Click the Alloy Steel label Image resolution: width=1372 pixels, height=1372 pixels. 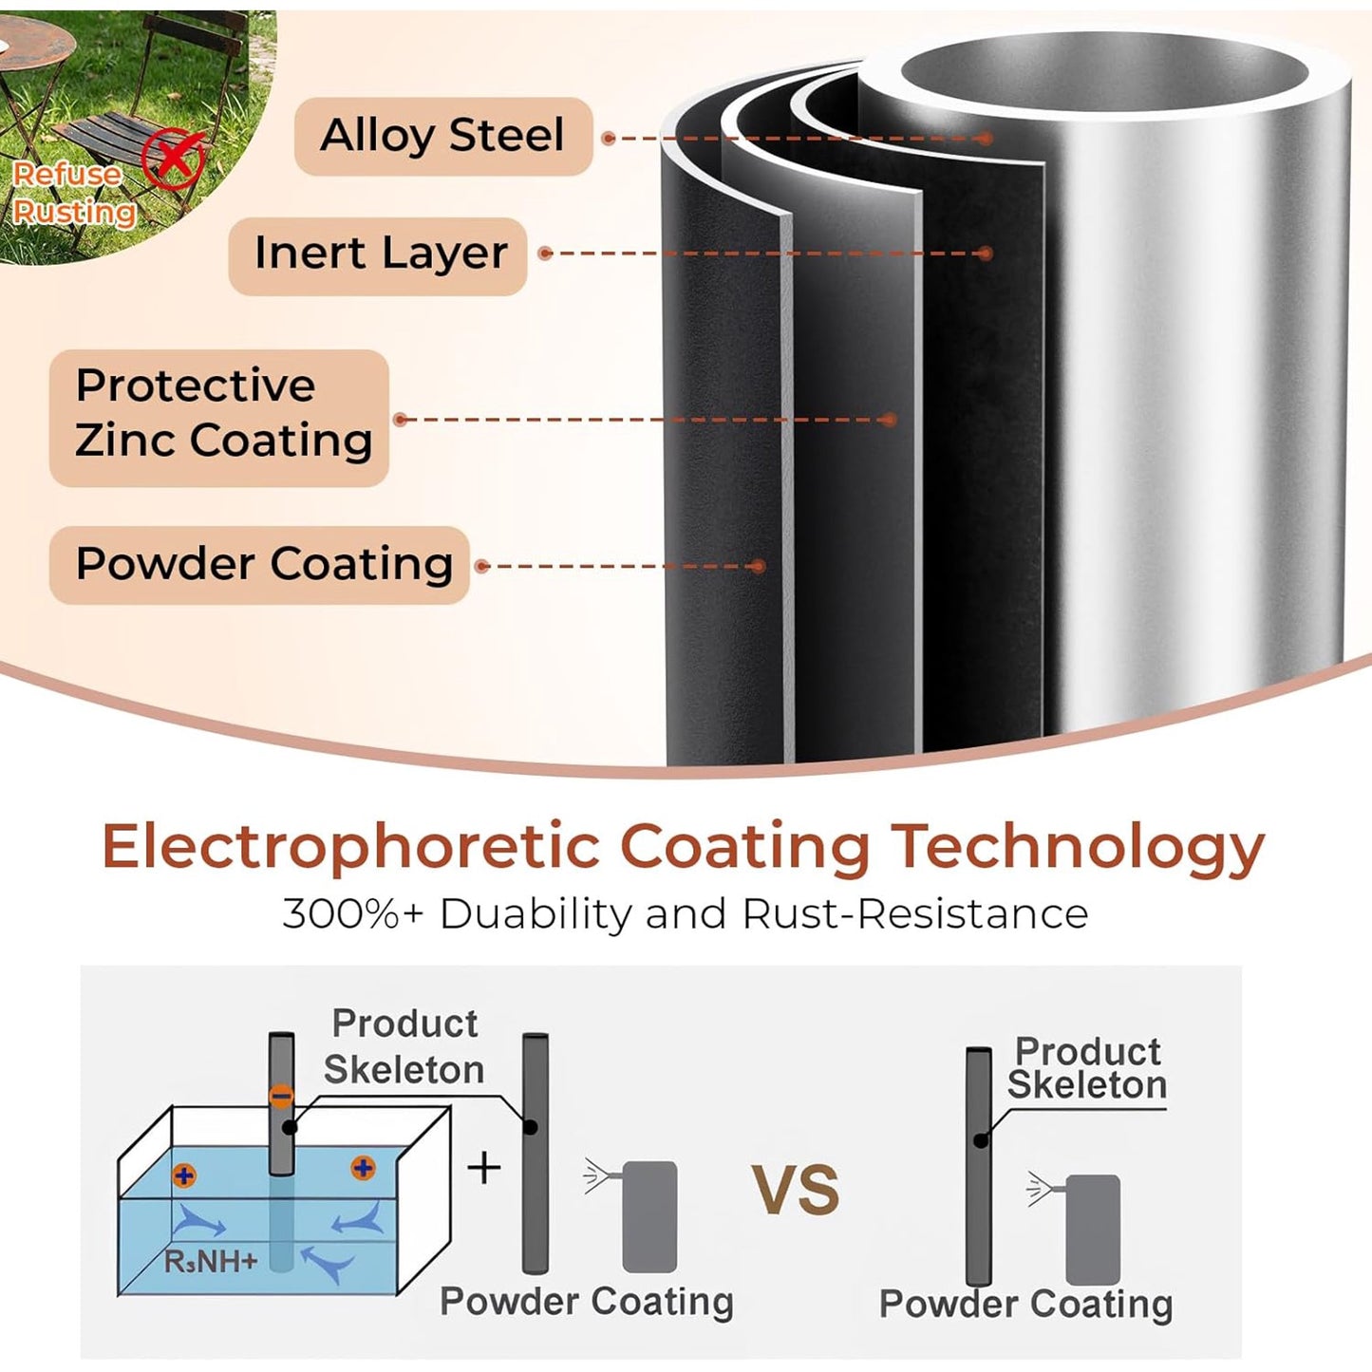(x=442, y=136)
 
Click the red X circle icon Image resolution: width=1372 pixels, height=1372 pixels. (x=173, y=159)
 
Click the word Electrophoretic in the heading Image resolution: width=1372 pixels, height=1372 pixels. (x=350, y=848)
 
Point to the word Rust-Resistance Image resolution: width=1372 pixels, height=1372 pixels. (x=915, y=914)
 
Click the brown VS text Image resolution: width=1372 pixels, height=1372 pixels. (x=797, y=1190)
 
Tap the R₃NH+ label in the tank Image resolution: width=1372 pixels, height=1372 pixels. (x=210, y=1262)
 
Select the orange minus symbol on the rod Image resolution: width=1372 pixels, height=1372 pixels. (x=282, y=1097)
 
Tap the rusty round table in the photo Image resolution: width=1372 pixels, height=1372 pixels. (x=32, y=71)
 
